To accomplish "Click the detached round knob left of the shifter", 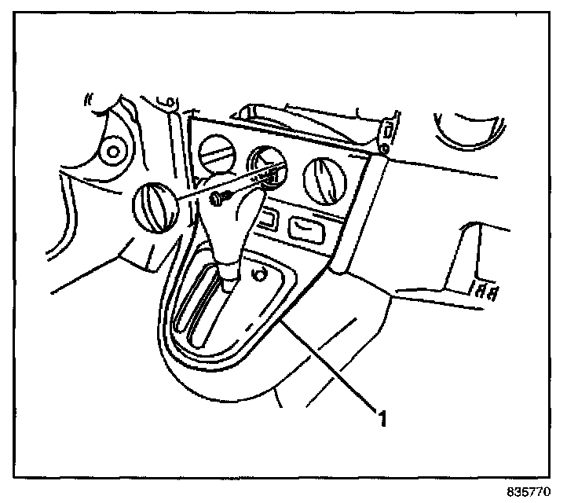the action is [153, 206].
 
